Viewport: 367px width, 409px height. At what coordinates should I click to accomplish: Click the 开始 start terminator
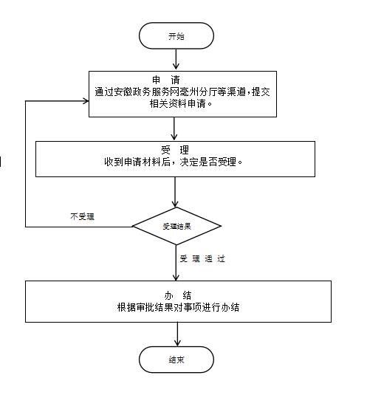point(176,35)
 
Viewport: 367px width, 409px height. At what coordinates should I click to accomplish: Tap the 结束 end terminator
point(176,360)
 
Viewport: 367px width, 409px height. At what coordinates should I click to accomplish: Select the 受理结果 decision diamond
point(176,226)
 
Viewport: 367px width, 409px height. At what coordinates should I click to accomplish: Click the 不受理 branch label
point(82,216)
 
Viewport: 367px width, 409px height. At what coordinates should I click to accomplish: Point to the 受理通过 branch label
point(202,258)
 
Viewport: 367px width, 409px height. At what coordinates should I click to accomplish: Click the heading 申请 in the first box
point(166,80)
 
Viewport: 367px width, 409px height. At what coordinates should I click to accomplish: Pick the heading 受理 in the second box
point(175,150)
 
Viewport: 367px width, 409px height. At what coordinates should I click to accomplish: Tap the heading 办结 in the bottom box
point(178,295)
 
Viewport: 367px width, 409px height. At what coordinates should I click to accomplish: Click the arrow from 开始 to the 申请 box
point(176,59)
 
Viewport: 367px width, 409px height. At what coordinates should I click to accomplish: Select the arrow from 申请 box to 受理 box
point(174,128)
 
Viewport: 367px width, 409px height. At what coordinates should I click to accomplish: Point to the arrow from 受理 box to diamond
point(175,192)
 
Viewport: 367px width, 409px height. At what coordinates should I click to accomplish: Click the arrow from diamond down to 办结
point(176,263)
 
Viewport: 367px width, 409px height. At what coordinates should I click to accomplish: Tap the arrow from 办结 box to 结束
point(177,334)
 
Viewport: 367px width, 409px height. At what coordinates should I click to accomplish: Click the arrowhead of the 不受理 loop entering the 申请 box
point(86,101)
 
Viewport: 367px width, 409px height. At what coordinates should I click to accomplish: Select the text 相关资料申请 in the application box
point(178,104)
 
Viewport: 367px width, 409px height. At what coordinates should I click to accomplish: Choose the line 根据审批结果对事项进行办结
point(178,307)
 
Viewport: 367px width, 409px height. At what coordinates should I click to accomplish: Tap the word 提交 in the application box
point(261,92)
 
